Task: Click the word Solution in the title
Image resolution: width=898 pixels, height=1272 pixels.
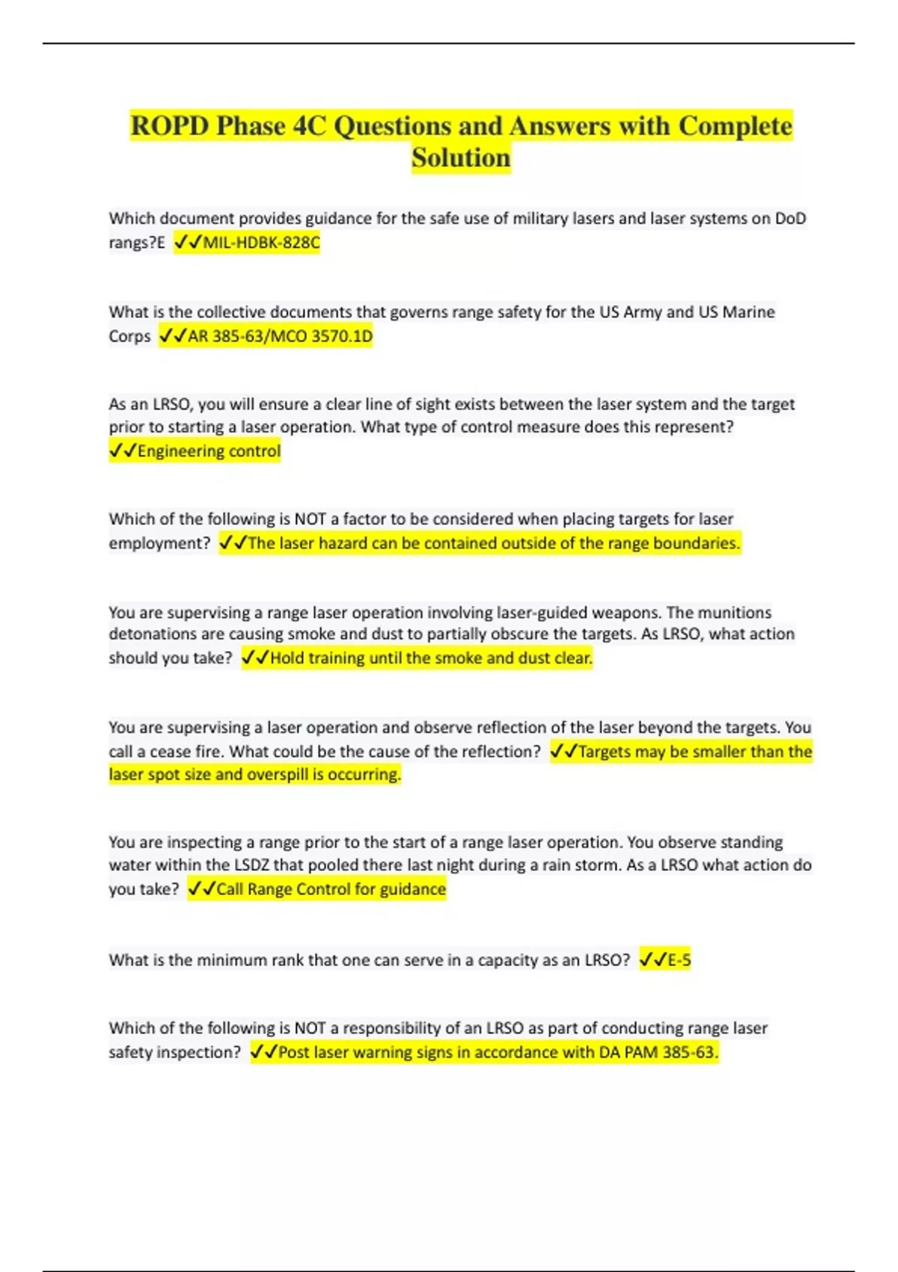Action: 461,158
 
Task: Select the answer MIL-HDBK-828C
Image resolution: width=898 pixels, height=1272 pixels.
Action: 261,242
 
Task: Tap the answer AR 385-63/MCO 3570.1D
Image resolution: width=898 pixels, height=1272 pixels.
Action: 280,336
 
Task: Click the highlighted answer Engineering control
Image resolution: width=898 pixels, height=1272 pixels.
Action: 209,450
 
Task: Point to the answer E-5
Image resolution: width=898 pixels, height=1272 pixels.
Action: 679,959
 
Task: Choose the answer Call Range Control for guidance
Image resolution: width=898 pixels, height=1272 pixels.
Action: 331,889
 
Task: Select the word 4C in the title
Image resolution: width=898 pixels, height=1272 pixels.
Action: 309,126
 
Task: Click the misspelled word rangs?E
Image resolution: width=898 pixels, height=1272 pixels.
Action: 137,242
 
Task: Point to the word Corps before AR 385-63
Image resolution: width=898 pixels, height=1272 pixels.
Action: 129,336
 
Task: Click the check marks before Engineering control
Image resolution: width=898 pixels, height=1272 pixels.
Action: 122,450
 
